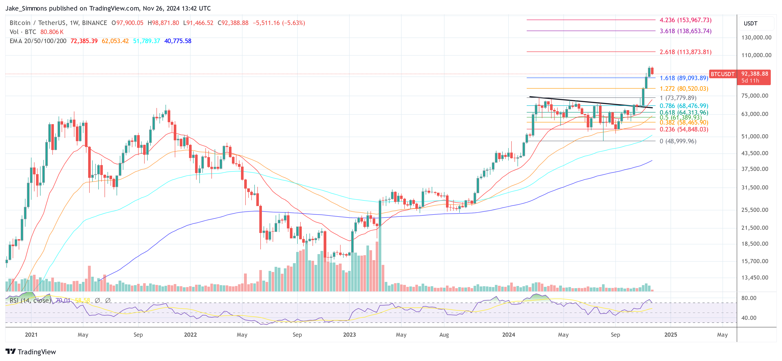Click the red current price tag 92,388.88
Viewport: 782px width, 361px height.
click(x=754, y=74)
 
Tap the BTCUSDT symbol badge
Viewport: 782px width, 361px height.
click(x=723, y=74)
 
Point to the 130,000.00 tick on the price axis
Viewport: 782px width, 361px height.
click(x=756, y=38)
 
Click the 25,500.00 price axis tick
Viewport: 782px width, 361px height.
click(x=755, y=210)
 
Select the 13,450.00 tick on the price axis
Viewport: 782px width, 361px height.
click(x=755, y=278)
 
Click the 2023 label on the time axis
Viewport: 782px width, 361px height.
click(x=349, y=334)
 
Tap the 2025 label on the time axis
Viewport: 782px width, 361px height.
click(x=671, y=334)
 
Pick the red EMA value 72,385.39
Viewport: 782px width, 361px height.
click(x=84, y=41)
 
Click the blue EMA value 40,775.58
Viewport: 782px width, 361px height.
click(x=178, y=41)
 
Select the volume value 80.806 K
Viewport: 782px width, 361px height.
click(x=52, y=32)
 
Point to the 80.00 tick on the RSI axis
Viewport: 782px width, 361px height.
click(x=749, y=298)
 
